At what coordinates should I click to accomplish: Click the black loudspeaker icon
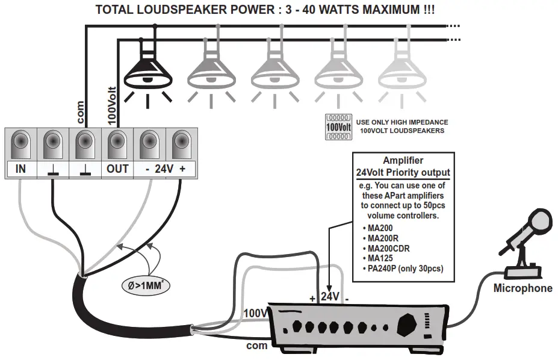147,72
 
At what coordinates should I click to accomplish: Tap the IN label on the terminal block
20,169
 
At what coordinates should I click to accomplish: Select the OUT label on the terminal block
117,169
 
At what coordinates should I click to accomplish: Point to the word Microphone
522,288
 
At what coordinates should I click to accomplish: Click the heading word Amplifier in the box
403,161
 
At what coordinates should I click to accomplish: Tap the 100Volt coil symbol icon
338,127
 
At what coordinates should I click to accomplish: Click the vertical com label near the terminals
81,112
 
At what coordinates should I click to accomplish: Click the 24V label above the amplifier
330,297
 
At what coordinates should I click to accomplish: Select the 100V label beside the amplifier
255,314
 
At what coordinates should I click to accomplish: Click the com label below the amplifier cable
257,346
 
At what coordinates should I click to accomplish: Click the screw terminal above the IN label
20,144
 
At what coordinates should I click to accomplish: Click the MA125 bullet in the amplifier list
383,258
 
